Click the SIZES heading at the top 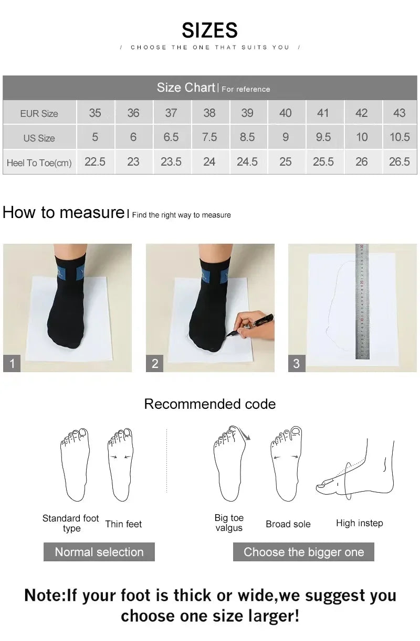(209, 30)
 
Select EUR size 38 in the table (209, 113)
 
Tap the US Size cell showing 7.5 (209, 137)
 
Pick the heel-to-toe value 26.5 (399, 162)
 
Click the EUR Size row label (39, 114)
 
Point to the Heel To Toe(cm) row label (39, 163)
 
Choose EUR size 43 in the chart (399, 113)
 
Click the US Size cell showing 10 (362, 137)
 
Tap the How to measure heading (63, 212)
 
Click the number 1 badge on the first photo (12, 363)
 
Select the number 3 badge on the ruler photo (297, 363)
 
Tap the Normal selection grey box (99, 552)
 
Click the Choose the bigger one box (303, 552)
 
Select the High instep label (359, 523)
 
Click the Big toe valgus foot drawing (229, 464)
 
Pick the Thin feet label (123, 524)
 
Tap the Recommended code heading (209, 404)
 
